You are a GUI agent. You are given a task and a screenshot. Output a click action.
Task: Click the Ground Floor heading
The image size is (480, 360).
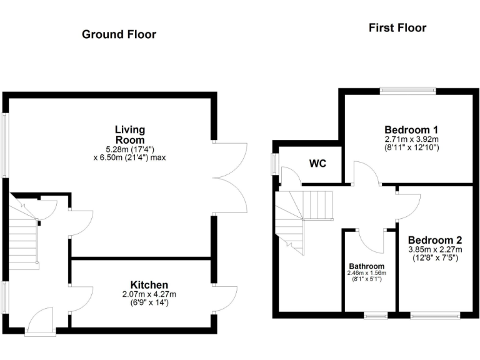click(x=119, y=34)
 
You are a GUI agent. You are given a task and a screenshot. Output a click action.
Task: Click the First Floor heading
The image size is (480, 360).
click(x=397, y=27)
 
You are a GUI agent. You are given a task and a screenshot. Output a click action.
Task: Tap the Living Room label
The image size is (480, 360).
click(x=129, y=134)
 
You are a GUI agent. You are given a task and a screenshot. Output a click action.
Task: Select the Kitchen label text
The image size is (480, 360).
click(x=149, y=285)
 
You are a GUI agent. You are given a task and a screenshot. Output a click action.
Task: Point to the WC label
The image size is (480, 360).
click(x=318, y=164)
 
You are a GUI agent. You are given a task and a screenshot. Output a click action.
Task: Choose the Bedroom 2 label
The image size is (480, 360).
click(x=435, y=240)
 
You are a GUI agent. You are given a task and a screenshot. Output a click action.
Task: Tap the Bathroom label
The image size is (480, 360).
click(x=367, y=265)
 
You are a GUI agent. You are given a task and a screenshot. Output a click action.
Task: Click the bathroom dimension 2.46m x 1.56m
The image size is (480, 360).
click(x=367, y=273)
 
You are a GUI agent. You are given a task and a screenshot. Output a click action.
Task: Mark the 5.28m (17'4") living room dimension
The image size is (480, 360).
click(x=129, y=148)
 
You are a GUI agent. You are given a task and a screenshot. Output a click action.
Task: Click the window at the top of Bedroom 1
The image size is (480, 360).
click(x=407, y=91)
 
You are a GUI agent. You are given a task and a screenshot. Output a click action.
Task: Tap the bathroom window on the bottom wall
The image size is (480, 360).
click(x=376, y=316)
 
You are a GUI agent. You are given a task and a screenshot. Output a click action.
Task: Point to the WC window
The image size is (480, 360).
click(x=274, y=164)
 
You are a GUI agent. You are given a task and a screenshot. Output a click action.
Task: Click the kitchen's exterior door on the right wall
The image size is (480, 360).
click(x=224, y=298)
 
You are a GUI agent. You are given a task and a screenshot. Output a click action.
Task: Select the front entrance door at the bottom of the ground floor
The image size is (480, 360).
click(x=40, y=322)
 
